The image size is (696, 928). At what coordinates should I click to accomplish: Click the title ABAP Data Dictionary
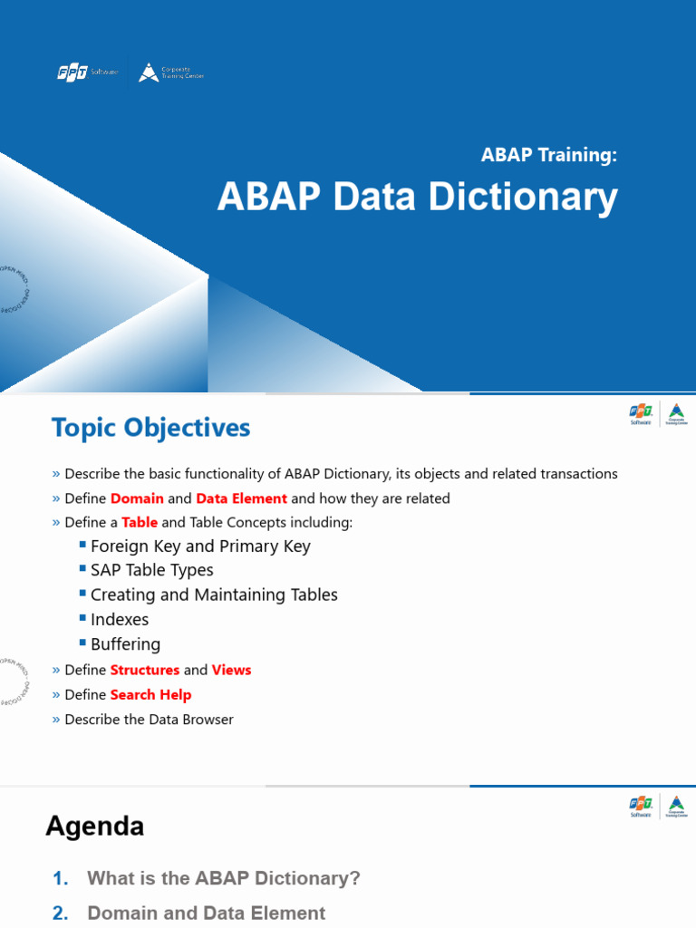tap(417, 197)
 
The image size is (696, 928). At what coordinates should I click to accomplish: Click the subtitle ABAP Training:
tap(548, 155)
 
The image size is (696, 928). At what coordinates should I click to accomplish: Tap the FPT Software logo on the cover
tap(87, 72)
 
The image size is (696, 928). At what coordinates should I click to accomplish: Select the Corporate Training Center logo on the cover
tap(171, 72)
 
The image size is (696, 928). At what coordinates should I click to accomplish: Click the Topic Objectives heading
tap(150, 428)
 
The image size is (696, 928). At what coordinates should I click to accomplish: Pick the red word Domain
tap(137, 498)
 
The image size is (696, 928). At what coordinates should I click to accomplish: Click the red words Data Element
tap(241, 498)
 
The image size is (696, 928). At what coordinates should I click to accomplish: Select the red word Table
tap(140, 523)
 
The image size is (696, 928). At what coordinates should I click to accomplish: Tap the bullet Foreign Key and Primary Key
tap(200, 546)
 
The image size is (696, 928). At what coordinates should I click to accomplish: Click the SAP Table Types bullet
tap(152, 570)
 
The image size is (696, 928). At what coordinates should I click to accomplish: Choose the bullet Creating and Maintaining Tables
tap(214, 595)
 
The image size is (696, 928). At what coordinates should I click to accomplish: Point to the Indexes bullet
tap(120, 620)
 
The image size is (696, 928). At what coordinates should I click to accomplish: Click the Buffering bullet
tap(125, 644)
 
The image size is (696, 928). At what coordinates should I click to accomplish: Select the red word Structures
tap(145, 670)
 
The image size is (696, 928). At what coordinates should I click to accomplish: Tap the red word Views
tap(231, 670)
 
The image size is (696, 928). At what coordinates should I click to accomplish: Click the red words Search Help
tap(150, 695)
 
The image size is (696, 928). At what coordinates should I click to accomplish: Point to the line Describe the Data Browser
tap(149, 720)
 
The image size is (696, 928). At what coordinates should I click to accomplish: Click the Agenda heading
tap(95, 826)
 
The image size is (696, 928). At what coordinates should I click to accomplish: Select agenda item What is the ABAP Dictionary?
tap(223, 878)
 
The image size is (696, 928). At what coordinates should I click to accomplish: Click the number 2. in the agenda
tap(61, 913)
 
